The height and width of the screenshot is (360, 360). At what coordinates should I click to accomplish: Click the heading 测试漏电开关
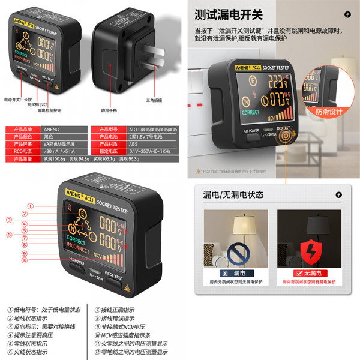tap(228, 14)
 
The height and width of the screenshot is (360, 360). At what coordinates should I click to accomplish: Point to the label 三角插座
tap(155, 100)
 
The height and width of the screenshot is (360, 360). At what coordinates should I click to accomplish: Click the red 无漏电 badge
tap(309, 273)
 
